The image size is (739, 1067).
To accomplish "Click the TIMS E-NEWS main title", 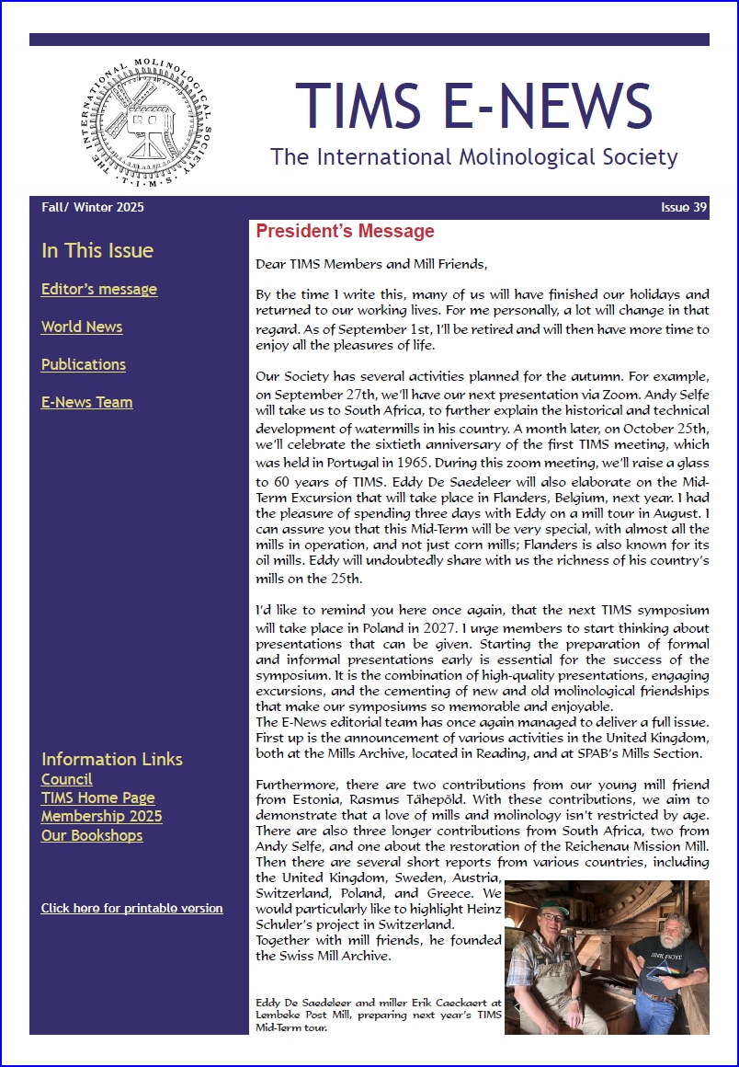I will (x=473, y=105).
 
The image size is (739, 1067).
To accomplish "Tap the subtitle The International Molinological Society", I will (x=473, y=157).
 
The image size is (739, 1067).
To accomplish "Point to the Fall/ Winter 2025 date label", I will (x=93, y=207).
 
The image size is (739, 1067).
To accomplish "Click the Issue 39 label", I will (x=684, y=207).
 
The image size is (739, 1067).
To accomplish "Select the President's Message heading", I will (x=345, y=231).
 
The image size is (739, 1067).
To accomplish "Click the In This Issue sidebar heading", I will (x=97, y=251).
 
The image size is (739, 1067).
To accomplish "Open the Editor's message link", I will (x=99, y=289).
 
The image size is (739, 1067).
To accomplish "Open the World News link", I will (x=82, y=327).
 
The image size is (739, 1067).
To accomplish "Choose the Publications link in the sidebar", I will (x=84, y=364).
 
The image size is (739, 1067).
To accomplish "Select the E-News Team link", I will (x=87, y=402).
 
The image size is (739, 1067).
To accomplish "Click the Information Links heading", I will (x=112, y=759).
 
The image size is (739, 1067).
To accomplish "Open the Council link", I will (x=67, y=779).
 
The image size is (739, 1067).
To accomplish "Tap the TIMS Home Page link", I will (x=98, y=797).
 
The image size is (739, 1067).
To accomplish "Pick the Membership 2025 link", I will (x=102, y=816).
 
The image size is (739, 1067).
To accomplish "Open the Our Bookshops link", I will (x=92, y=835).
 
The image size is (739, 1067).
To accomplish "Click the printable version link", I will (x=131, y=908).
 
